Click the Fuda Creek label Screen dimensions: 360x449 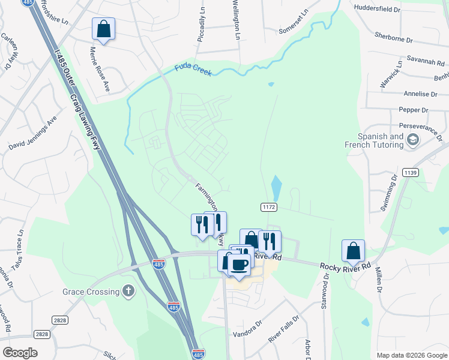click(193, 70)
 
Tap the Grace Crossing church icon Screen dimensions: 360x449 click(128, 292)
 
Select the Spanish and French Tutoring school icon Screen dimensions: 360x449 click(412, 140)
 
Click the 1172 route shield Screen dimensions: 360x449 click(268, 207)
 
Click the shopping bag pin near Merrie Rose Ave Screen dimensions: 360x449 click(103, 29)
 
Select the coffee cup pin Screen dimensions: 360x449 click(240, 265)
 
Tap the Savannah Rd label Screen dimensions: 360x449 click(424, 62)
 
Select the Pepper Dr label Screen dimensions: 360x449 click(414, 110)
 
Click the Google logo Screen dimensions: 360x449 click(20, 352)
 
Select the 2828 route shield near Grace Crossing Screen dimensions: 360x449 click(59, 320)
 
